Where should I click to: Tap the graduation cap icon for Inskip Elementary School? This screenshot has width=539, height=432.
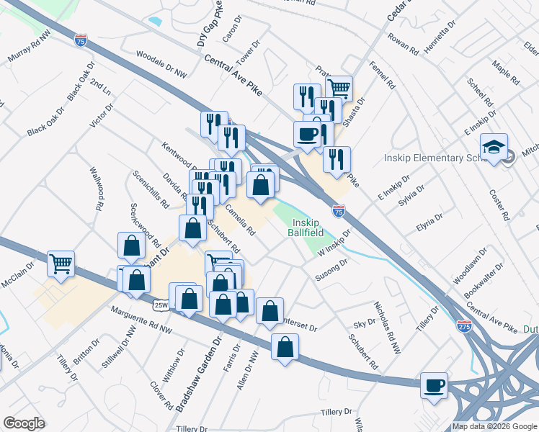[494, 147]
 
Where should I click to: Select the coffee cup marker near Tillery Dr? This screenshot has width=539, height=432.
[435, 386]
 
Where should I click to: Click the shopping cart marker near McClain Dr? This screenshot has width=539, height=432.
[61, 264]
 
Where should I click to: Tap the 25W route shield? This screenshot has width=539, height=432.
[161, 305]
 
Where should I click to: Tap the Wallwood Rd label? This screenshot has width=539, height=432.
[96, 188]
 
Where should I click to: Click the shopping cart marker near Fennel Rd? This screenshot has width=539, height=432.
[339, 89]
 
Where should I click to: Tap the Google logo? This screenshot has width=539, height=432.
[24, 423]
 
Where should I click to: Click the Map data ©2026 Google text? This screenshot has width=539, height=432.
[494, 426]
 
